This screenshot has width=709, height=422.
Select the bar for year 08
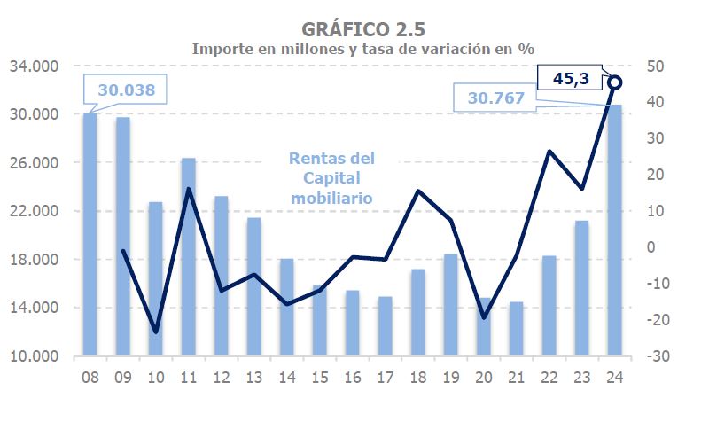tap(90, 235)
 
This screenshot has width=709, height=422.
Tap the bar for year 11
tap(188, 257)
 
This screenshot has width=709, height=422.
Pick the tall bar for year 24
tap(614, 231)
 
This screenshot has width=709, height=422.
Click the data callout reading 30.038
tap(125, 90)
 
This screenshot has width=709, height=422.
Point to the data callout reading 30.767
tap(496, 98)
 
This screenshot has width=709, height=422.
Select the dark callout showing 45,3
tap(571, 78)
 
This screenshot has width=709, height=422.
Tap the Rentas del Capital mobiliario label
tap(332, 178)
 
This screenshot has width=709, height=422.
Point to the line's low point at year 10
tap(156, 332)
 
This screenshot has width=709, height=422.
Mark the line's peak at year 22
tap(549, 152)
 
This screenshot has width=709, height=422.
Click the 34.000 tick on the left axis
tap(34, 66)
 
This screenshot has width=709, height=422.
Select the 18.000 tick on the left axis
tap(34, 260)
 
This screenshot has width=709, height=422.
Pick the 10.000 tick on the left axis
tap(34, 356)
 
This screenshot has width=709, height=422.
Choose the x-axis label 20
tap(483, 377)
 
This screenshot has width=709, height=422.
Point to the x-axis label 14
tap(286, 377)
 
